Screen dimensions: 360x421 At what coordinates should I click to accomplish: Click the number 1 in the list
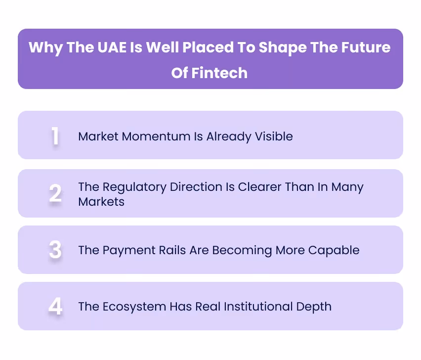pos(55,136)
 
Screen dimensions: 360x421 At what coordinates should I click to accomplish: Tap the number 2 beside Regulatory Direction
pos(55,194)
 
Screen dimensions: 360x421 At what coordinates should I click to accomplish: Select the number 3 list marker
pos(55,250)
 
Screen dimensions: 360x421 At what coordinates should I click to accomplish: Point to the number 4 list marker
pos(55,307)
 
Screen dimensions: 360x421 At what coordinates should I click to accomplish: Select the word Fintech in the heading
pos(222,73)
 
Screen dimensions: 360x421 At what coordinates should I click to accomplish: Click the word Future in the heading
pos(365,47)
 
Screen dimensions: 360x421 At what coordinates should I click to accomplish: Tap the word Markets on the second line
pos(101,201)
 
